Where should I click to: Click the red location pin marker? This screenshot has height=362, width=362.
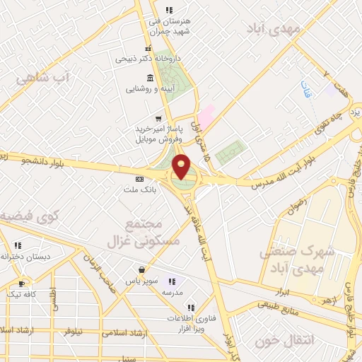[182, 167]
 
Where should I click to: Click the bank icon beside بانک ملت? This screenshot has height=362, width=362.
[139, 179]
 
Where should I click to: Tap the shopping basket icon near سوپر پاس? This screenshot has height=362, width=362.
[142, 269]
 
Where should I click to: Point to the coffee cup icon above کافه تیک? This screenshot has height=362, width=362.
[21, 284]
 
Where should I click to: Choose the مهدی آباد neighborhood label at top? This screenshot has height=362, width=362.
[274, 28]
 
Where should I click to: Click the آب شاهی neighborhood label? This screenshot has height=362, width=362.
[42, 77]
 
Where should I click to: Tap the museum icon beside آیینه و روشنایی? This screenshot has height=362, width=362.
[150, 78]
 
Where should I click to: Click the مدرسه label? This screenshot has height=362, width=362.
[173, 292]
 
